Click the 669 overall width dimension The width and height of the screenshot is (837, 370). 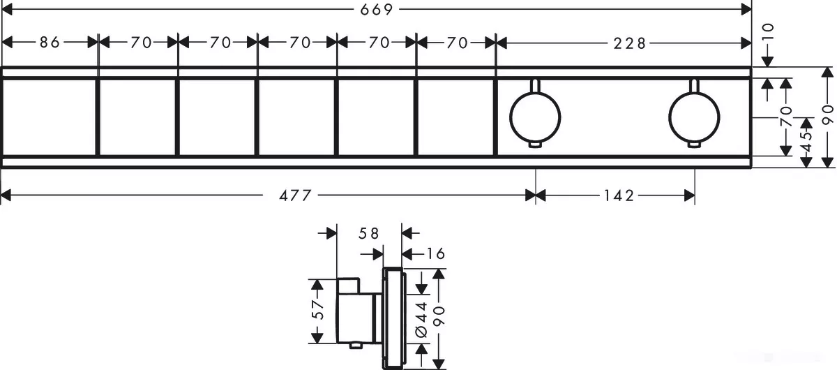(x=377, y=9)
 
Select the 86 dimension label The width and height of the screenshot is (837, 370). (x=49, y=43)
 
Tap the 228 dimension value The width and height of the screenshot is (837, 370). (x=624, y=43)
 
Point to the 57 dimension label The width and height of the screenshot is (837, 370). (x=317, y=311)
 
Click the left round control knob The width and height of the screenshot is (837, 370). (x=535, y=116)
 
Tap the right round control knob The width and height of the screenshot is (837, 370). (x=693, y=116)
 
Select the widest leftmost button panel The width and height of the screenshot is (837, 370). (x=49, y=117)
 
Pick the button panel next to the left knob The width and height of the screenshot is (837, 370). (x=455, y=117)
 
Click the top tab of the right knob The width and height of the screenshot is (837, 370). (x=693, y=86)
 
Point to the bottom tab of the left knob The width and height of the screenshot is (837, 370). (x=535, y=145)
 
